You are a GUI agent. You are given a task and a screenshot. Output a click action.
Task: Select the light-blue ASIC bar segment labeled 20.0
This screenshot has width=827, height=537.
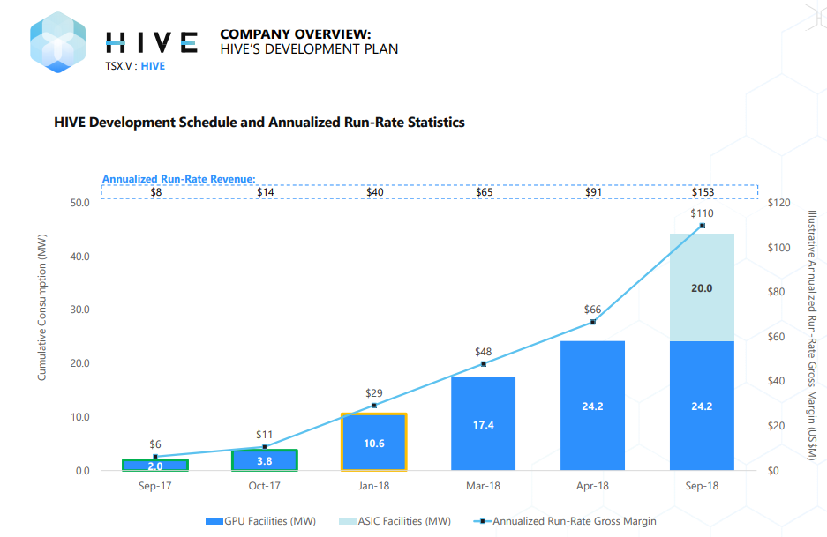coord(702,287)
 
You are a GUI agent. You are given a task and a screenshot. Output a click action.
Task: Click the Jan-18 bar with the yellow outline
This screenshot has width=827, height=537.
coord(374,442)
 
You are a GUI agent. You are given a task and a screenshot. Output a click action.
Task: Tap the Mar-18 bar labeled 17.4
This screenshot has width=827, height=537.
coord(483,424)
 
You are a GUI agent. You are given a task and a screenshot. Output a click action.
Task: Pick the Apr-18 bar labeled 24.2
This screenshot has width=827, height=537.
coord(592,406)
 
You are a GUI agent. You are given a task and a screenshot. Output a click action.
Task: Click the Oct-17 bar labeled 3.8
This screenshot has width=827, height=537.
coord(265,460)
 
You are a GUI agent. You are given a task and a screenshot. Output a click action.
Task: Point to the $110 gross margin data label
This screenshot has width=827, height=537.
coord(702,213)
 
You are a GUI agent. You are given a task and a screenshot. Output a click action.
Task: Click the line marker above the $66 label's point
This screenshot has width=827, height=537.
coord(592,322)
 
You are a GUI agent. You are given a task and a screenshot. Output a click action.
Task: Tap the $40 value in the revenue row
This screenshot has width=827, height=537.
coord(374,192)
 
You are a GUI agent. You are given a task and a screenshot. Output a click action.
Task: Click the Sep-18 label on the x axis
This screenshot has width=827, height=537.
coord(702,486)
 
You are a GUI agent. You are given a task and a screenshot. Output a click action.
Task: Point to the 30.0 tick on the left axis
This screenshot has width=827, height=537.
coord(79,310)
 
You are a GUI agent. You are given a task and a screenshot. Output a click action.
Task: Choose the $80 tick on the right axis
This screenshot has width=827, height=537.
coord(780,292)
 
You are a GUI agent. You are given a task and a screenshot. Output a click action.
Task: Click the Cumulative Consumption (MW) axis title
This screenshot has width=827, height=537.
coord(41,313)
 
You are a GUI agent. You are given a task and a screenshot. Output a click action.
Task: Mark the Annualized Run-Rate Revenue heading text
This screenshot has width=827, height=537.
coord(178,179)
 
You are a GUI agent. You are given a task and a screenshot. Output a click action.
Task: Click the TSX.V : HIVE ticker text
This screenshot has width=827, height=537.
coord(135,66)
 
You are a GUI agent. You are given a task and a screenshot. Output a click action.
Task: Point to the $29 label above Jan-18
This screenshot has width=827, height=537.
coord(374,392)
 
